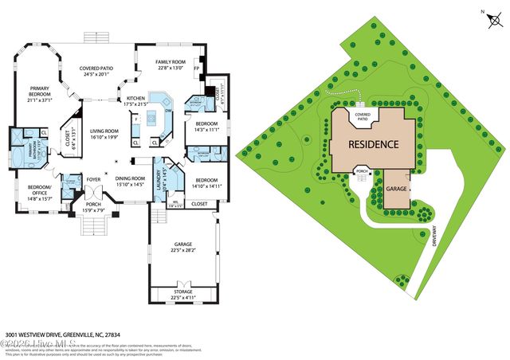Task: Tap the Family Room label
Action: [172, 65]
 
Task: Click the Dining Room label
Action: [131, 181]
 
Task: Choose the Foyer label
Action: [93, 179]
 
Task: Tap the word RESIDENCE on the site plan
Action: [372, 145]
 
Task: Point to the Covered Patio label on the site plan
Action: [363, 116]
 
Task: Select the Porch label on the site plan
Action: [361, 171]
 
